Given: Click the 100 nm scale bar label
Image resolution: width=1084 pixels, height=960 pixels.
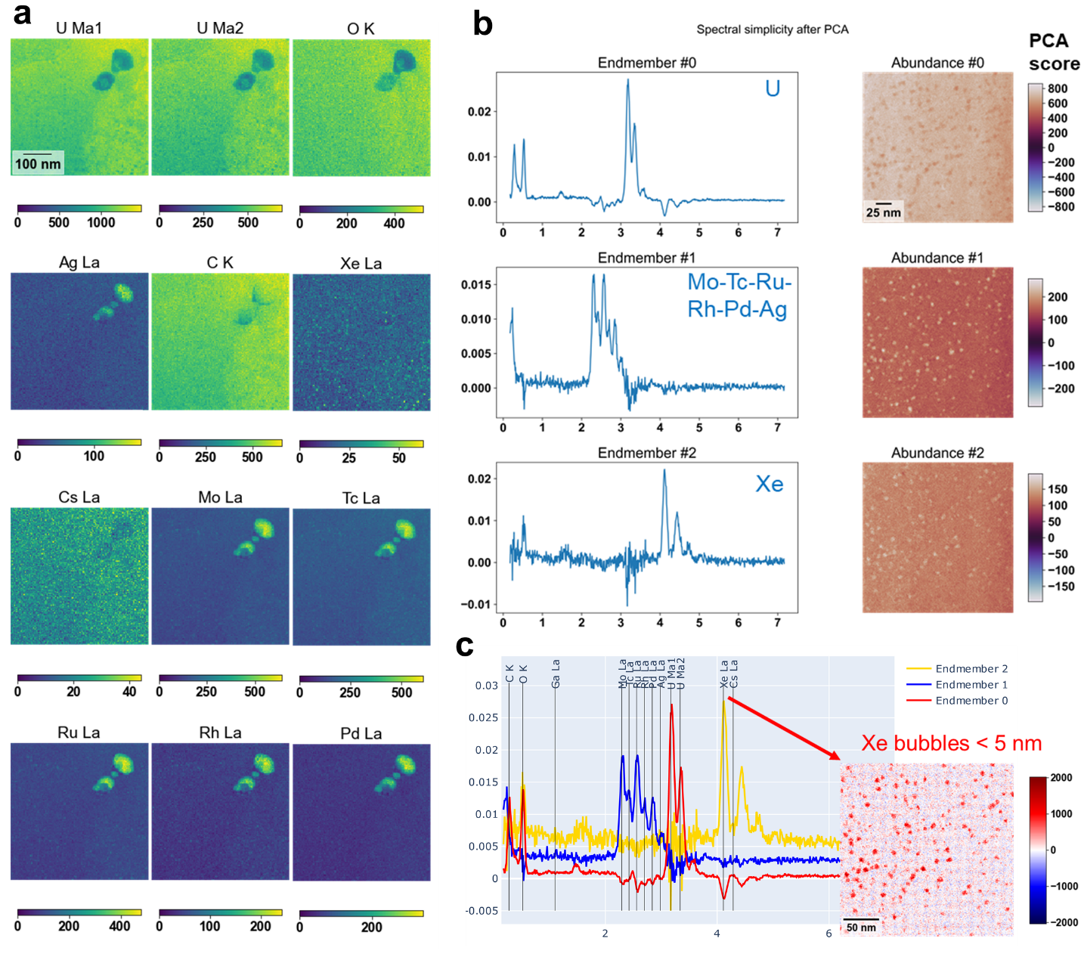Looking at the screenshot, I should pos(38,164).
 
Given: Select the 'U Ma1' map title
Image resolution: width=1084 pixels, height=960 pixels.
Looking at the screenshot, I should pos(79,29).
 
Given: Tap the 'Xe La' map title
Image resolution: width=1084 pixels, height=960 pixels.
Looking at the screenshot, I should pos(361,263).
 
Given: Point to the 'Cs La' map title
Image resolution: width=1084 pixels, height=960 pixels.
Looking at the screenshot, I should pos(79,497).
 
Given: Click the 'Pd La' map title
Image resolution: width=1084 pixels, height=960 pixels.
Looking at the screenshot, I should pos(361,733).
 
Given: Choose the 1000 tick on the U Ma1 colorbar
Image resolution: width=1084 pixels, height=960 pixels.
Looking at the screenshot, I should pos(101,222).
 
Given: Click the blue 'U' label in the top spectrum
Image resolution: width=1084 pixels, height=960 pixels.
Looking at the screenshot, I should pos(772,89).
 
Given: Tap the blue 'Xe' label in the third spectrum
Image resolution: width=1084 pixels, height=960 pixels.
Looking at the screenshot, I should pos(770,484).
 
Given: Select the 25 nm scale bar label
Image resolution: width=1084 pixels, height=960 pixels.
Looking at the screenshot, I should pos(883,212).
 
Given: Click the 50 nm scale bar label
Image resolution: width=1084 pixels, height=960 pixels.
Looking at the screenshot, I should pos(861,927).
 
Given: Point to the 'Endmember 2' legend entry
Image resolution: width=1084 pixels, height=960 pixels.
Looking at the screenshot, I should pos(971,668).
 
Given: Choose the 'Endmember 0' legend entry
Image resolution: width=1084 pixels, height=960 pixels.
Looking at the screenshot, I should pos(971,701).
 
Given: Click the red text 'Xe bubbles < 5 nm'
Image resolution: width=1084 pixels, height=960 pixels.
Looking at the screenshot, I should pos(951,743).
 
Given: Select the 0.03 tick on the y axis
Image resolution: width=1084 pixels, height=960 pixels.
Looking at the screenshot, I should pos(486,686).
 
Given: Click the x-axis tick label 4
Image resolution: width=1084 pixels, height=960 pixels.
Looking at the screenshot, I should pos(717,934).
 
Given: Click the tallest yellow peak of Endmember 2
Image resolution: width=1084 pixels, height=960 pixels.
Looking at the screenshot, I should pos(723,701).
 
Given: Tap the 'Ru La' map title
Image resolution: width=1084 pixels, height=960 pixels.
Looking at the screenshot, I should pos(79,732).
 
